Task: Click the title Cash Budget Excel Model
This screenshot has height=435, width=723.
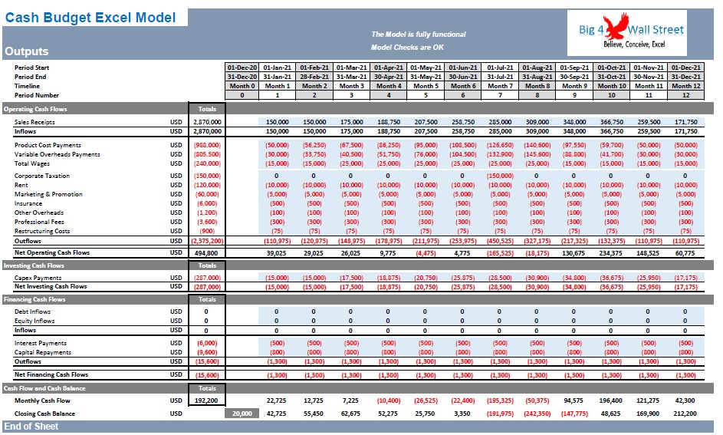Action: pyautogui.click(x=90, y=18)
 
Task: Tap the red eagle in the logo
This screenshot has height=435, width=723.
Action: pyautogui.click(x=616, y=26)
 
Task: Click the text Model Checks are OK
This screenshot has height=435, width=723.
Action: pyautogui.click(x=407, y=47)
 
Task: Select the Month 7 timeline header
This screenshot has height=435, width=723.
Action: pyautogui.click(x=500, y=86)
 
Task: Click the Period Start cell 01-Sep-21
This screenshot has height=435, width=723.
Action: pyautogui.click(x=574, y=68)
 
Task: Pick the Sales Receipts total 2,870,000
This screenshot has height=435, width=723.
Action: pyautogui.click(x=207, y=122)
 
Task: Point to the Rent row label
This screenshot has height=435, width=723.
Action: pyautogui.click(x=21, y=185)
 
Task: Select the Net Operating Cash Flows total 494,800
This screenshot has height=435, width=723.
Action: pyautogui.click(x=206, y=252)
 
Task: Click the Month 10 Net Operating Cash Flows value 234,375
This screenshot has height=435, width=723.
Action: pyautogui.click(x=611, y=253)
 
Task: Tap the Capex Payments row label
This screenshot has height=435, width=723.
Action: pyautogui.click(x=38, y=278)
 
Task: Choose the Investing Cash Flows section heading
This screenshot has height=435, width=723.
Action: pyautogui.click(x=35, y=265)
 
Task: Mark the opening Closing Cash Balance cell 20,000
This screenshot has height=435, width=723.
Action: pyautogui.click(x=242, y=414)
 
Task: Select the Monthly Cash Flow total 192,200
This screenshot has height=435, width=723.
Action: pyautogui.click(x=206, y=400)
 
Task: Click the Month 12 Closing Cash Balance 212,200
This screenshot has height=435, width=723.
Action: pyautogui.click(x=685, y=414)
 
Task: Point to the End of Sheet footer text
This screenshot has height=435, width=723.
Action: pyautogui.click(x=31, y=427)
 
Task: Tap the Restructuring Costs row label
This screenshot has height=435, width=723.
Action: pyautogui.click(x=42, y=231)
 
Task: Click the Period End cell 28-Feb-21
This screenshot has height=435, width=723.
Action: pyautogui.click(x=314, y=77)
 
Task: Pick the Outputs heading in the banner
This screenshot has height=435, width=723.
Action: pyautogui.click(x=26, y=51)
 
